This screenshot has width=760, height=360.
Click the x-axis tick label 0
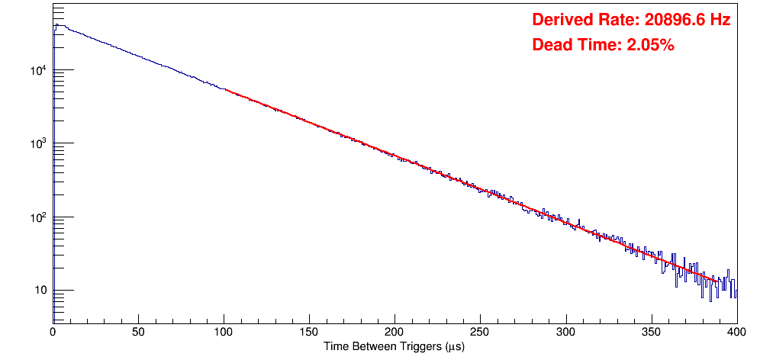pyautogui.click(x=53, y=332)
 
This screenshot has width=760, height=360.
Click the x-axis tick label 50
pyautogui.click(x=138, y=332)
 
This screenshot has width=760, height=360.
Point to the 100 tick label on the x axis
pyautogui.click(x=224, y=332)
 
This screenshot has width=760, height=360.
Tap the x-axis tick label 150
pyautogui.click(x=309, y=332)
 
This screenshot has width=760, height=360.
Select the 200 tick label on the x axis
pyautogui.click(x=394, y=332)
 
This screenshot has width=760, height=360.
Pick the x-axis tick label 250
pyautogui.click(x=480, y=332)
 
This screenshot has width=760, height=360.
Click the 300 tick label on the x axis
pyautogui.click(x=565, y=332)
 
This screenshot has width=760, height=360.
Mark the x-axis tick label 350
pyautogui.click(x=651, y=332)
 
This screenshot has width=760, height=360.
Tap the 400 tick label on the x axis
pyautogui.click(x=736, y=332)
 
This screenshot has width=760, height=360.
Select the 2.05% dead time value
pyautogui.click(x=650, y=45)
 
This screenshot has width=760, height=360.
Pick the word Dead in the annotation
pyautogui.click(x=549, y=45)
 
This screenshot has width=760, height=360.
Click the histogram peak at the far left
pyautogui.click(x=56, y=24)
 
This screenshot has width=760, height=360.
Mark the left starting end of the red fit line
pyautogui.click(x=226, y=90)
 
